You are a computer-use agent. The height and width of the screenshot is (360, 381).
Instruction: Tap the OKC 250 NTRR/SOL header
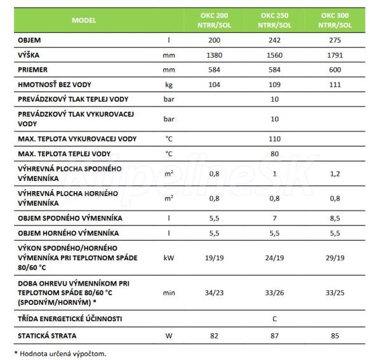(275, 20)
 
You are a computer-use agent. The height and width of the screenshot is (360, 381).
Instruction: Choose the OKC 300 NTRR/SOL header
(336, 20)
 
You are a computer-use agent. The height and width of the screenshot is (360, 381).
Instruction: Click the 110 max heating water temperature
(275, 138)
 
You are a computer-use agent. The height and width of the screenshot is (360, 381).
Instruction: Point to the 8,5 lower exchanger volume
(336, 218)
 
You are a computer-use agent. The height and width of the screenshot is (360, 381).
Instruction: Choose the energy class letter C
(275, 318)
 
